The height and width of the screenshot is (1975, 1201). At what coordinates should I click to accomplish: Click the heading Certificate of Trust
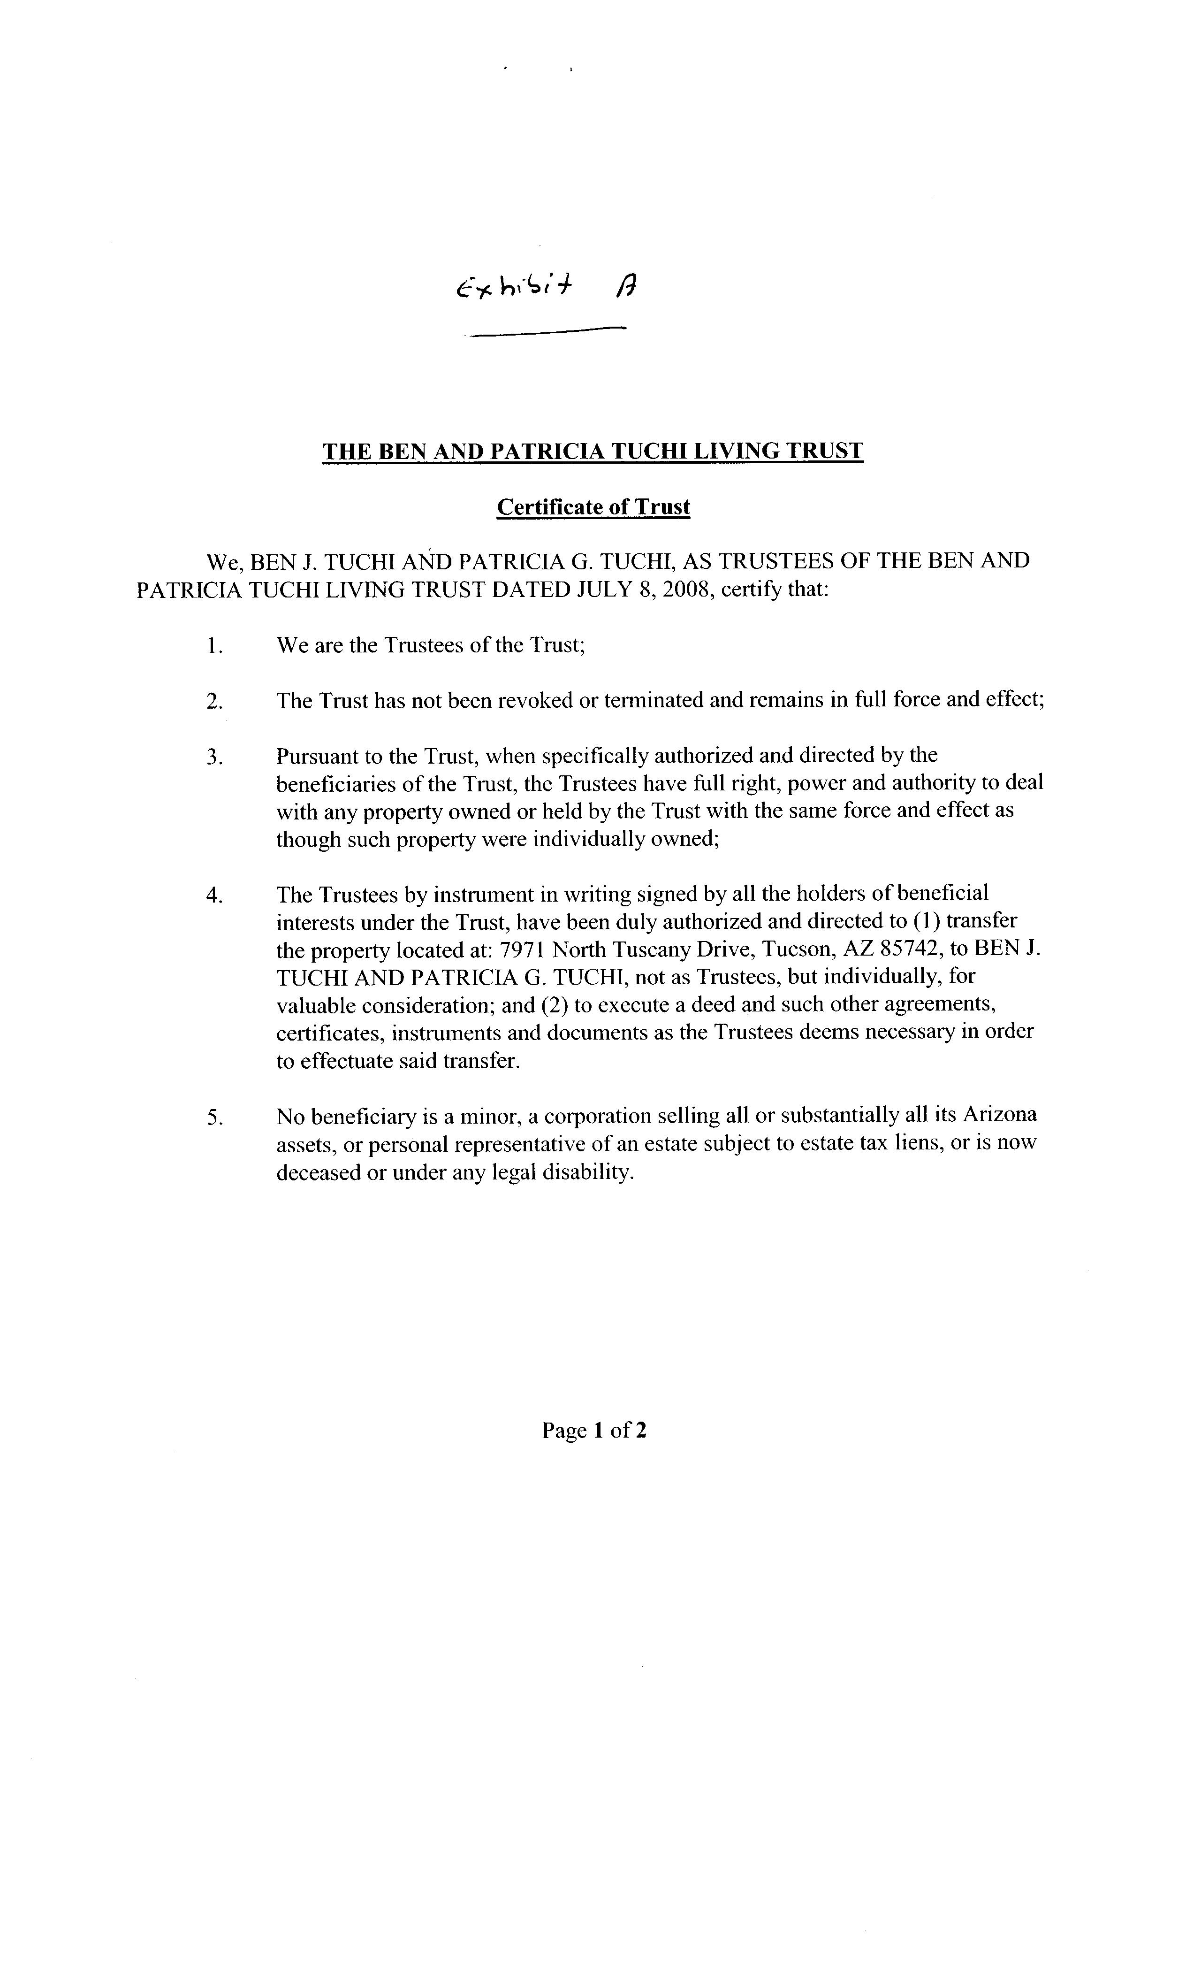pyautogui.click(x=593, y=507)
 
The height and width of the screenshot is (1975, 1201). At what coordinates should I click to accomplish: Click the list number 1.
pyautogui.click(x=213, y=646)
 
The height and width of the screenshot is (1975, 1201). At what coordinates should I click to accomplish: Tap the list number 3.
pyautogui.click(x=213, y=757)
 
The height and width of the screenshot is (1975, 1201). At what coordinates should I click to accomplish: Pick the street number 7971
pyautogui.click(x=522, y=950)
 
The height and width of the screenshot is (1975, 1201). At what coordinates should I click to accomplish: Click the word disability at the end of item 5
pyautogui.click(x=588, y=1172)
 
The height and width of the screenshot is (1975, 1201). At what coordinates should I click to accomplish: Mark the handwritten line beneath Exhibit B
pyautogui.click(x=547, y=332)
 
